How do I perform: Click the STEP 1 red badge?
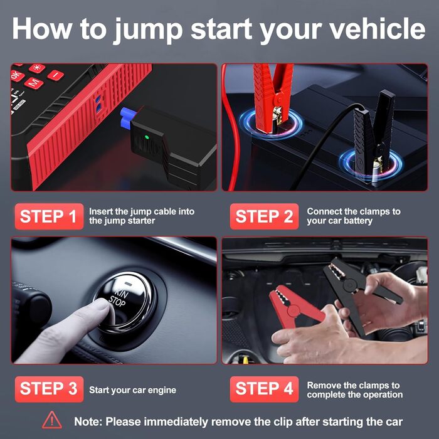(49, 216)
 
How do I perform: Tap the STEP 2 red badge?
(264, 216)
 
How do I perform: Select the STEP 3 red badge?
(49, 389)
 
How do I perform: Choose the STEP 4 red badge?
(264, 389)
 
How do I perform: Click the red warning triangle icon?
(52, 420)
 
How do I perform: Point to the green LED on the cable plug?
(146, 137)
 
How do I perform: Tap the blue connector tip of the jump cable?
(128, 117)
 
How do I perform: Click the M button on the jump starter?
(34, 82)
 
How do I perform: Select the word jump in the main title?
(149, 30)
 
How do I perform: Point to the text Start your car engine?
(133, 390)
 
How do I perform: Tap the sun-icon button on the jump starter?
(37, 68)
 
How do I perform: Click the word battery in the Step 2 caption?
(358, 221)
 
